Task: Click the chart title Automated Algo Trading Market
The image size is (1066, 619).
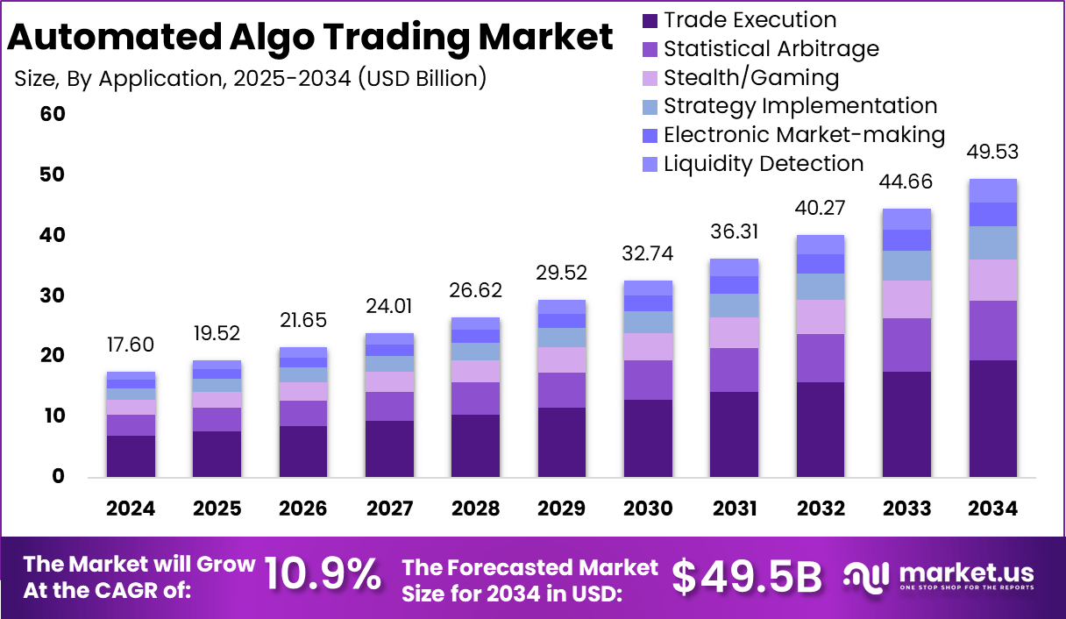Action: point(310,39)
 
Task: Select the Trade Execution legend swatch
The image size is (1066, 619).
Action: point(650,20)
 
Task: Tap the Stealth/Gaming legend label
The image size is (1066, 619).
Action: point(751,77)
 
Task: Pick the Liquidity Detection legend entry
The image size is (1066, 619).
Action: point(764,163)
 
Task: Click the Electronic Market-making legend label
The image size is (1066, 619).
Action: point(804,134)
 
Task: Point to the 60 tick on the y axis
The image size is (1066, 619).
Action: point(53,115)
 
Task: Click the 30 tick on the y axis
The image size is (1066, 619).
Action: point(53,295)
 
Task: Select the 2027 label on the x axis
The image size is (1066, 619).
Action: point(388,509)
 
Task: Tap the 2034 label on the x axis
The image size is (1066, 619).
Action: point(992,509)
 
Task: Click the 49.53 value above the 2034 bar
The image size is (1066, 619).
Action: point(992,152)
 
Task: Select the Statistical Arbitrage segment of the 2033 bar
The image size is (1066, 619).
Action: point(906,345)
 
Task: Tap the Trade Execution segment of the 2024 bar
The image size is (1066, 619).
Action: point(131,456)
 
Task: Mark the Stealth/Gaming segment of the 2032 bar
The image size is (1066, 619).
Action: point(821,317)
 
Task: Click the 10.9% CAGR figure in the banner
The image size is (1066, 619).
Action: point(323,575)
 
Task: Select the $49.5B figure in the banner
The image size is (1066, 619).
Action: point(747,576)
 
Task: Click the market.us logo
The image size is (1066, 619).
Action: point(939,576)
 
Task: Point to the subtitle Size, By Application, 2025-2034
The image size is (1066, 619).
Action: point(250,78)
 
